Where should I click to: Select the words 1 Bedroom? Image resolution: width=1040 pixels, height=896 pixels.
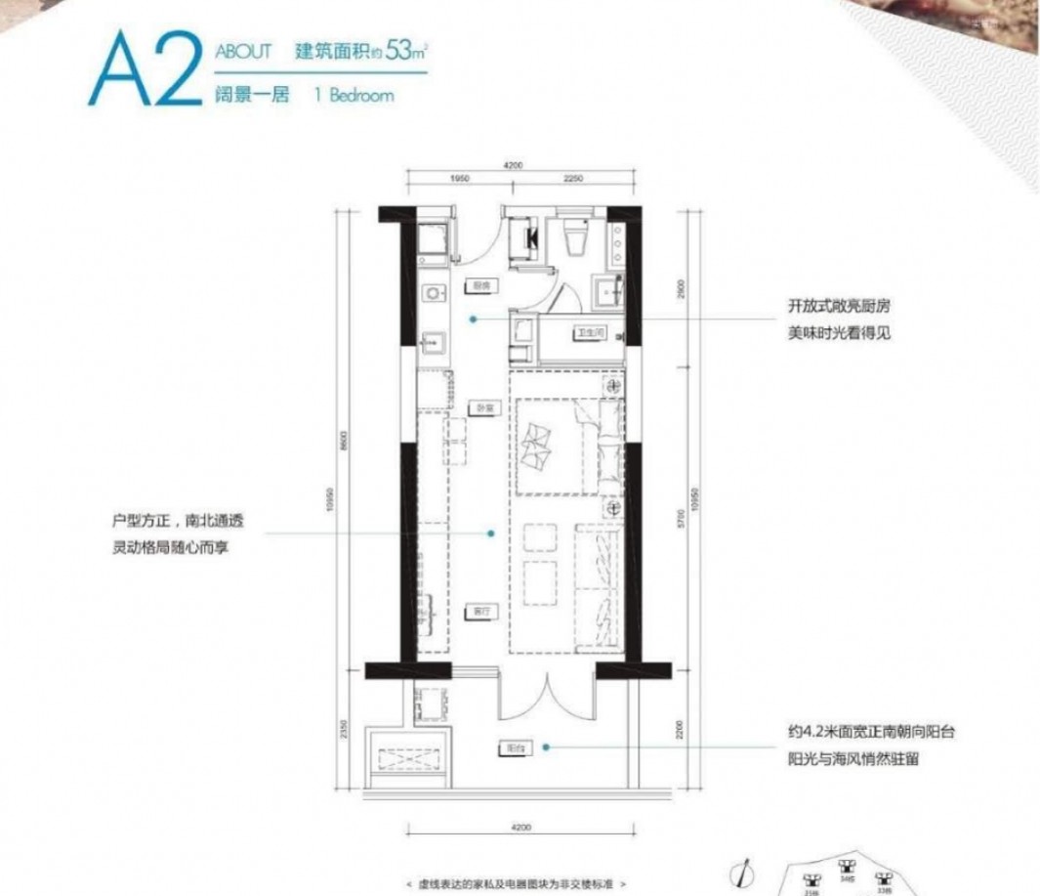[x=354, y=96]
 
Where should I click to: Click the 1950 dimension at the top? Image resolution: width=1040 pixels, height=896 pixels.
[x=461, y=179]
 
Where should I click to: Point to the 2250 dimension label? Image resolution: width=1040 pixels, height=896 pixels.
[x=572, y=179]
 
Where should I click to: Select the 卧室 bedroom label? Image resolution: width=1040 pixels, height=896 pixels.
[x=478, y=408]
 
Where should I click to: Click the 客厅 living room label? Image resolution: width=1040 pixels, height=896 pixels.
[x=477, y=611]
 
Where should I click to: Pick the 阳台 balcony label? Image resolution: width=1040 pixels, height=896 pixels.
[x=514, y=747]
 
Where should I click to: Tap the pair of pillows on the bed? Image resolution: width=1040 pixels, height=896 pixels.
[x=538, y=447]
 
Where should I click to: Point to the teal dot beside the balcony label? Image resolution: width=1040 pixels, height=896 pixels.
[x=547, y=747]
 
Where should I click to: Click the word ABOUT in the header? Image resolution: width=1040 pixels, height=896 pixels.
[x=243, y=53]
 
